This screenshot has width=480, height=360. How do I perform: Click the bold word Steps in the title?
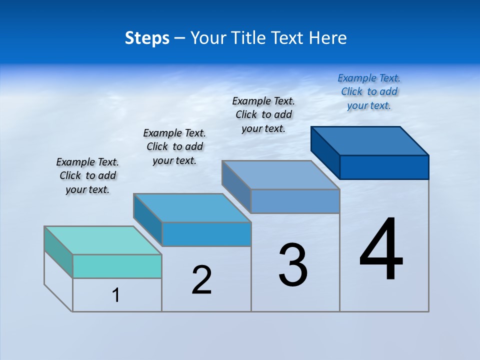click(x=147, y=38)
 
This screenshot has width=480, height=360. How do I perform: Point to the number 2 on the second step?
click(x=202, y=280)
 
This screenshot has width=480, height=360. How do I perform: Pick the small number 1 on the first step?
click(x=116, y=295)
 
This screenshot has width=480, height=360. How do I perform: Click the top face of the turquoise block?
click(x=102, y=240)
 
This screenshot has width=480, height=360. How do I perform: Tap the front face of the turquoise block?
click(x=117, y=266)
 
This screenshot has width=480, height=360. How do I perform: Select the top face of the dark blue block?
click(x=370, y=140)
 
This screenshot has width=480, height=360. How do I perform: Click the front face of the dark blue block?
click(x=384, y=167)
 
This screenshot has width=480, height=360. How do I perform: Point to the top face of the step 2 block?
click(x=192, y=207)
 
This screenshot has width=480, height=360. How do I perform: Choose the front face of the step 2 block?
click(x=206, y=234)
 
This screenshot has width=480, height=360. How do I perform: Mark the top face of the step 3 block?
click(x=281, y=174)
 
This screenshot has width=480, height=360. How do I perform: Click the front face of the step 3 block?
click(x=295, y=201)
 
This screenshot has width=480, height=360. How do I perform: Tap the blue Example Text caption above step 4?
click(x=369, y=91)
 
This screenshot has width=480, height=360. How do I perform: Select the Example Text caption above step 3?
click(x=263, y=114)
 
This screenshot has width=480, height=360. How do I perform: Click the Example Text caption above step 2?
click(x=174, y=146)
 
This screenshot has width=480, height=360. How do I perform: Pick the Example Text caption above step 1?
click(x=87, y=175)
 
